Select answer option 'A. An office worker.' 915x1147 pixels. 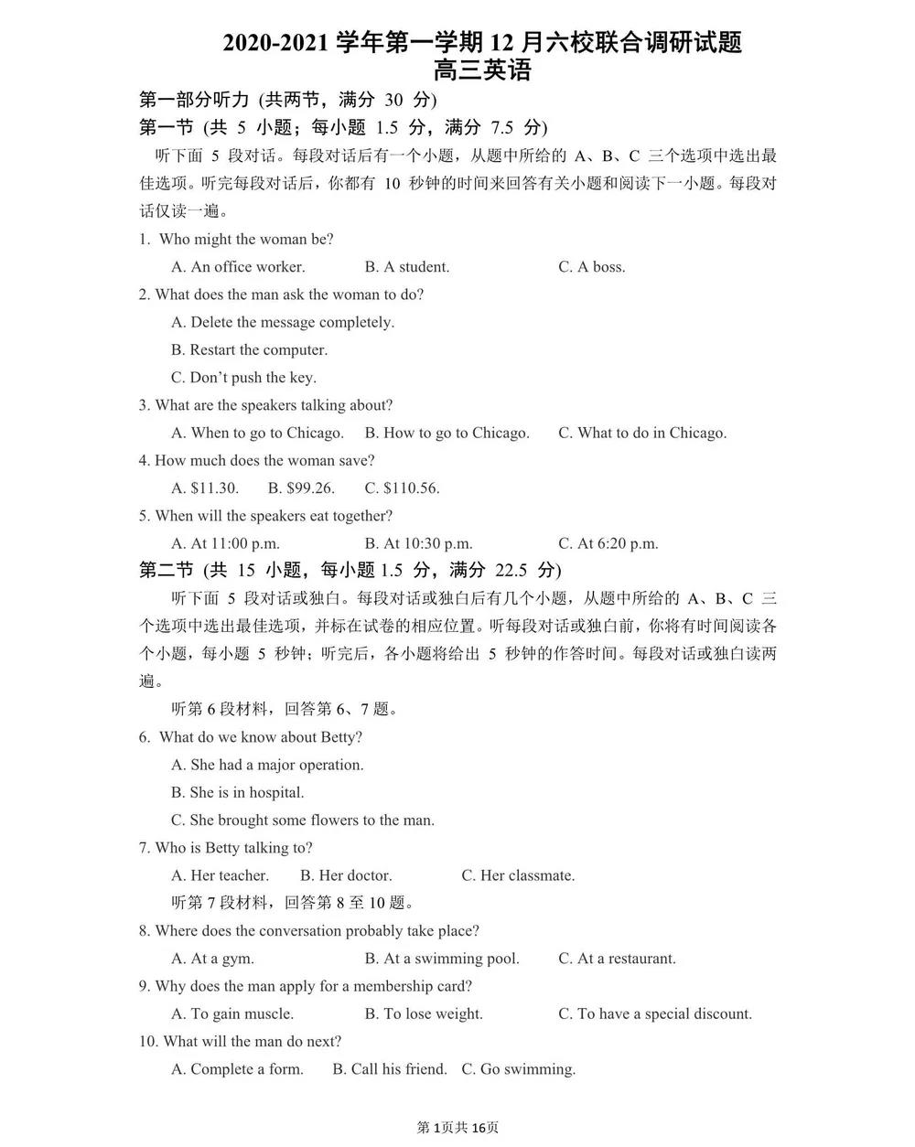click(238, 267)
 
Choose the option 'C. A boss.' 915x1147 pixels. click(592, 267)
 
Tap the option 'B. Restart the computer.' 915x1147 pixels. click(249, 349)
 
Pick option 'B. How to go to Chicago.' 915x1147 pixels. click(447, 433)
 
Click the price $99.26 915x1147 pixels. click(301, 488)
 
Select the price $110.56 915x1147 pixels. click(402, 488)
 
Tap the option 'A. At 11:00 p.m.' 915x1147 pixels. click(225, 543)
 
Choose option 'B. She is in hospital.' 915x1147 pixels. click(237, 792)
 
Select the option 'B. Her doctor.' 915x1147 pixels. click(346, 875)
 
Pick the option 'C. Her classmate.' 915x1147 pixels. click(518, 875)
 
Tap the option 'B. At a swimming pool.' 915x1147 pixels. click(441, 959)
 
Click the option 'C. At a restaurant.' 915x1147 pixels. click(617, 959)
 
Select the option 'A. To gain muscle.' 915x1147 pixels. click(232, 1013)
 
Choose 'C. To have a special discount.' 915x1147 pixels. click(655, 1013)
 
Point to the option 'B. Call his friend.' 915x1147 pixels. click(390, 1069)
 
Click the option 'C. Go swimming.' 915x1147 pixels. click(518, 1069)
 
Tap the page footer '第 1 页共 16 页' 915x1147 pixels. click(457, 1127)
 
